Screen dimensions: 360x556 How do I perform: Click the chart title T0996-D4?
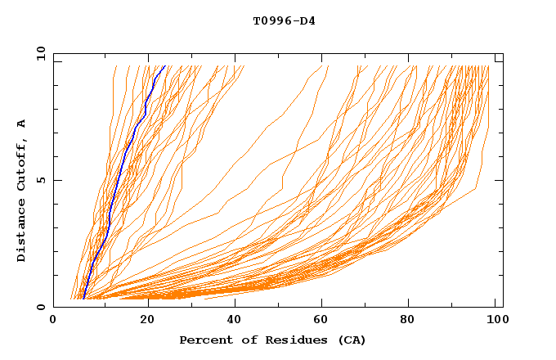click(284, 20)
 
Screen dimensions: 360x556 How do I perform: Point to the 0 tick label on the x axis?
click(53, 320)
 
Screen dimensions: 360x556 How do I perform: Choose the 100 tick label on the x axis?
click(496, 320)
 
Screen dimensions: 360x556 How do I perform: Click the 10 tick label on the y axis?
click(39, 53)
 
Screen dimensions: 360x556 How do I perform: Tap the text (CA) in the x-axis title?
click(350, 340)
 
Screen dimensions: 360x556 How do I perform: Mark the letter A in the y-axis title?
click(22, 124)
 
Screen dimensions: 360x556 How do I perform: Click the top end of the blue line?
click(165, 66)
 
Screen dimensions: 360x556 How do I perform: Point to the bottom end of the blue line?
click(83, 299)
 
